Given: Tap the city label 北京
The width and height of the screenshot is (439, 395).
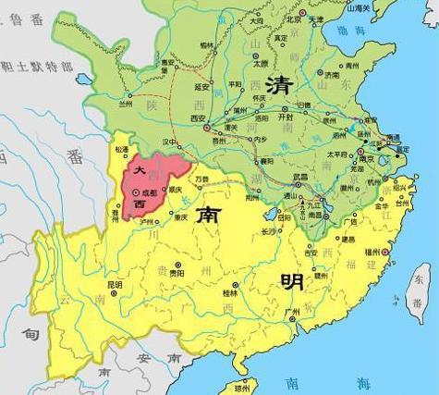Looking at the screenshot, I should tap(295, 19).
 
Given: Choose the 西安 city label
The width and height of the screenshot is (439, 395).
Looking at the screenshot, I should tap(170, 118).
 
